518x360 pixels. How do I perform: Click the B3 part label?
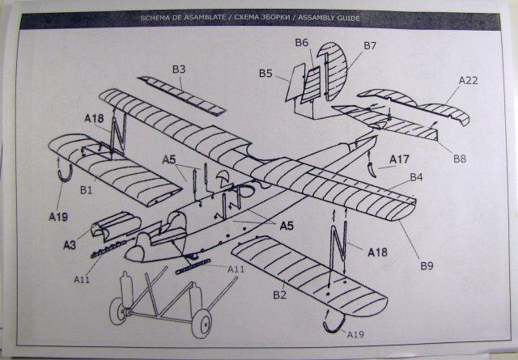click(x=179, y=70)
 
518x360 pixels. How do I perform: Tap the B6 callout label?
click(x=302, y=42)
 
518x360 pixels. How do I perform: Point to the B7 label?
click(x=370, y=45)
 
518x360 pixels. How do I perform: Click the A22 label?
click(x=469, y=80)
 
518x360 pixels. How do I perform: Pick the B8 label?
click(x=459, y=159)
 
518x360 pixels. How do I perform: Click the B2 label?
click(x=279, y=295)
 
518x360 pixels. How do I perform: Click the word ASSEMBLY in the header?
click(x=320, y=17)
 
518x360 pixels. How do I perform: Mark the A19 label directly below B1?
click(x=57, y=217)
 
